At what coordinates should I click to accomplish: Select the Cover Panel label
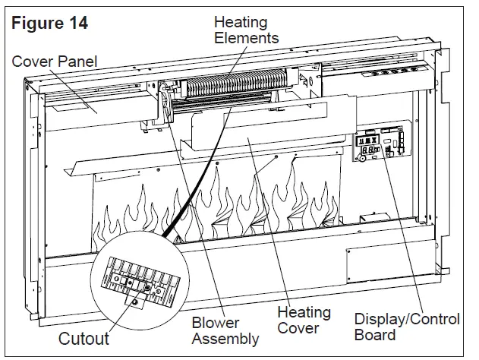55,61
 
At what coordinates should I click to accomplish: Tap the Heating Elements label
245,30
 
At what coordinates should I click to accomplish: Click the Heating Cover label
304,321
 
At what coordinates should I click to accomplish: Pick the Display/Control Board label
407,327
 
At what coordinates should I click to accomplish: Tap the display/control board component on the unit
382,146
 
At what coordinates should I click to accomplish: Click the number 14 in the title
78,23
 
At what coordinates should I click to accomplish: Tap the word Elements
245,37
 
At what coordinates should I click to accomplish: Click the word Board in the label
374,335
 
